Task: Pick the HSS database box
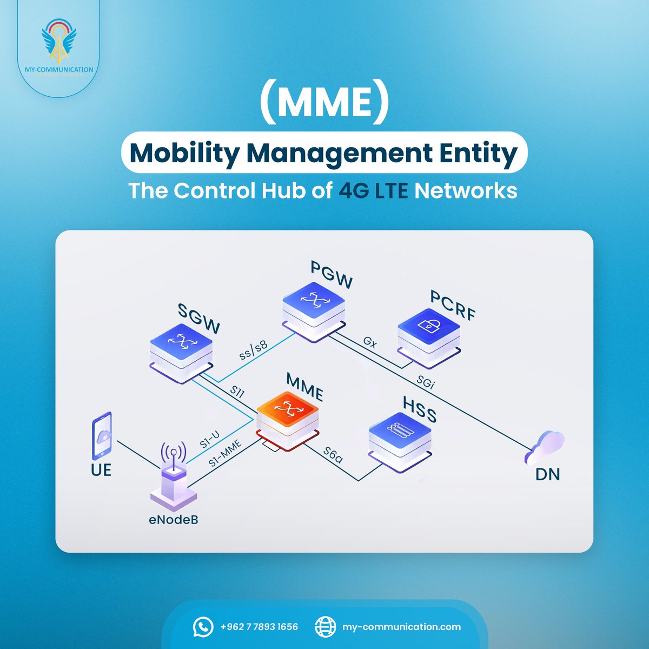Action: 400,436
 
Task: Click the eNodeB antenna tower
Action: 173,476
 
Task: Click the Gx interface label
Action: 370,342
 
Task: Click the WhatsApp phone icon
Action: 203,627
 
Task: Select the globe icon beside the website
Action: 325,627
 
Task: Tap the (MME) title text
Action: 324,104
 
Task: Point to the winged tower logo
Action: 59,42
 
